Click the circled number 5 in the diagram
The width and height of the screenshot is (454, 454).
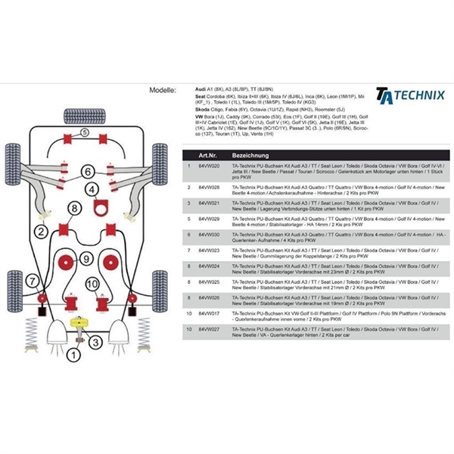pyautogui.click(x=84, y=133)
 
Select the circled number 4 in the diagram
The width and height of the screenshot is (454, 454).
pyautogui.click(x=92, y=189)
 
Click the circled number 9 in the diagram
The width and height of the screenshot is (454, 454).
pyautogui.click(x=87, y=259)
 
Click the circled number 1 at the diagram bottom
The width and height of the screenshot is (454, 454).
pyautogui.click(x=73, y=353)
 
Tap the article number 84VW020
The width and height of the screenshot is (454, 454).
pyautogui.click(x=209, y=165)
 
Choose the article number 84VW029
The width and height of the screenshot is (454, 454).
pyautogui.click(x=209, y=218)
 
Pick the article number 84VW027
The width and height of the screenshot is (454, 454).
pyautogui.click(x=209, y=329)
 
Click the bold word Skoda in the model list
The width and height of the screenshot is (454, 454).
pyautogui.click(x=204, y=110)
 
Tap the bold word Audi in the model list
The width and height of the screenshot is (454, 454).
pyautogui.click(x=202, y=89)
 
